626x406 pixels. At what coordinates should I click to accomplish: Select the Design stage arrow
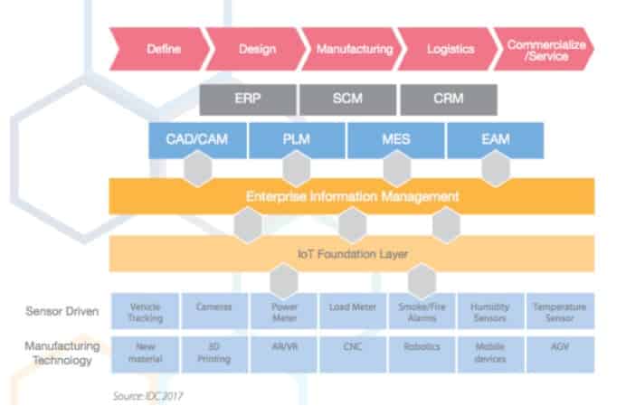(255, 49)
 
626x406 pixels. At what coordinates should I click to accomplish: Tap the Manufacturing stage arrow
(354, 49)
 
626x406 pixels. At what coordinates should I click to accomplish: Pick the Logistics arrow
(450, 49)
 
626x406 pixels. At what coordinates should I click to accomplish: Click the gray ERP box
(246, 99)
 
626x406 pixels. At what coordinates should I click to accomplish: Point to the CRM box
(448, 99)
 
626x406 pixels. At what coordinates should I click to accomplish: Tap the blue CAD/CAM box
(196, 140)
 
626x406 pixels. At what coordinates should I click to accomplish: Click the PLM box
(296, 140)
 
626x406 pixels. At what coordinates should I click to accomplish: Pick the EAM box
(494, 140)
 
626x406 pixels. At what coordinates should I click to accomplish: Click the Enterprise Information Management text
(353, 195)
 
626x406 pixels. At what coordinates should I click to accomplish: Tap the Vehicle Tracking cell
(145, 311)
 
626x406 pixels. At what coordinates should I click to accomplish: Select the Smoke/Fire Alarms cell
(421, 311)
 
